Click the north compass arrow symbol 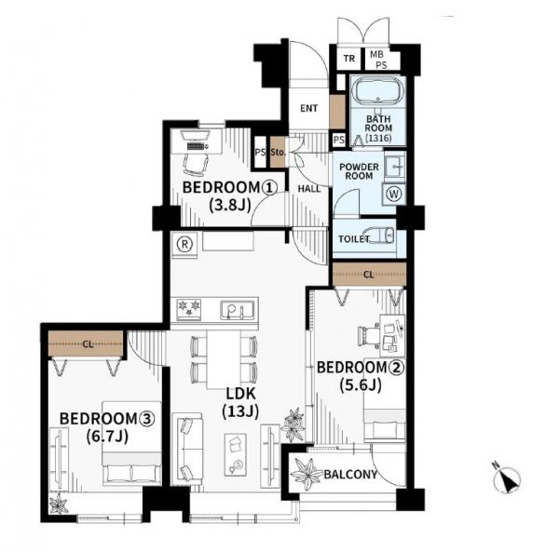[507, 478]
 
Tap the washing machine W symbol [394, 195]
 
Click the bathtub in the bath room [377, 91]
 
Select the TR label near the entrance [349, 58]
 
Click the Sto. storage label [278, 153]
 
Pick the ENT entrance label [308, 108]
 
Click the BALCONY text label [350, 475]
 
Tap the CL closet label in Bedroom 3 [89, 344]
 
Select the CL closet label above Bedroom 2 [369, 275]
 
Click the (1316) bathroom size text [378, 138]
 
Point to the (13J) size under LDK [240, 411]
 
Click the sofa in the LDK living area [188, 449]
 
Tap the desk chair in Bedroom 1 [196, 165]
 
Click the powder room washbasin [394, 167]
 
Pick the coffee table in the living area [236, 454]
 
